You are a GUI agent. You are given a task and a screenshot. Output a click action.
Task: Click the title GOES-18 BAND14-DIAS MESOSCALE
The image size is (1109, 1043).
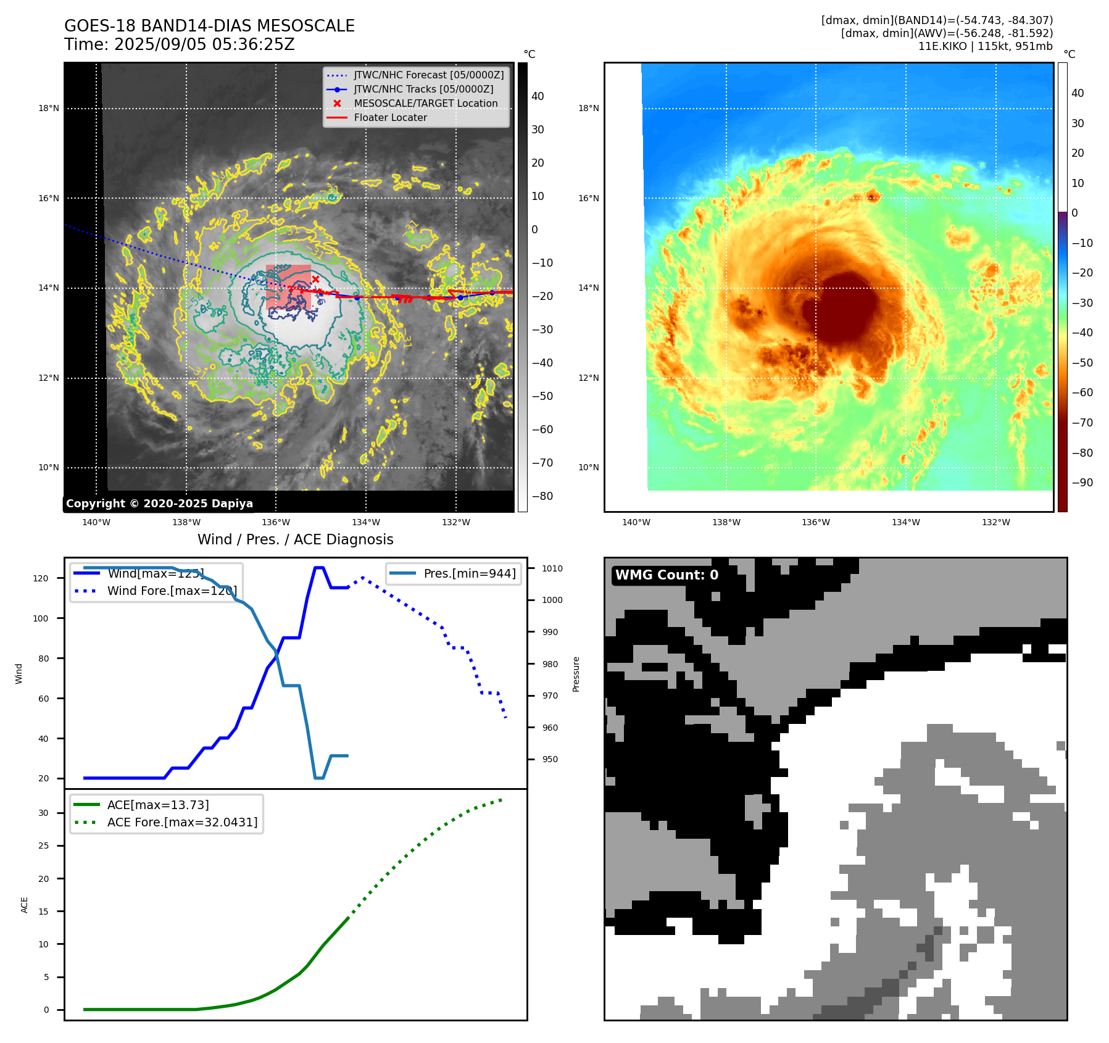tap(209, 26)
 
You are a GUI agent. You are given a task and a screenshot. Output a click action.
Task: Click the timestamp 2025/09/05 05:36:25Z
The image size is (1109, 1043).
tap(204, 45)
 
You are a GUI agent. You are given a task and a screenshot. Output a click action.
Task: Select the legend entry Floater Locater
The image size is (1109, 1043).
tap(390, 117)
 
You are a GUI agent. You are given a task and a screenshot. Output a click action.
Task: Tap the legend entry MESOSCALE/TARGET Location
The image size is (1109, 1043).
tap(425, 103)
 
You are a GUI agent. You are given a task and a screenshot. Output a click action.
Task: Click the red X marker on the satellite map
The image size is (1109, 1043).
tap(315, 280)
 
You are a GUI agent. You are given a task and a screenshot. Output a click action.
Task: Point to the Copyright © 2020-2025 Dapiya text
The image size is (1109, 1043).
tap(159, 504)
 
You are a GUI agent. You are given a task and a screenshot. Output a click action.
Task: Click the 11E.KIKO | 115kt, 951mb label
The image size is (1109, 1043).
tap(985, 46)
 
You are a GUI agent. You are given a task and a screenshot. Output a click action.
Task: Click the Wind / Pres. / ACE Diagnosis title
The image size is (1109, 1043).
tap(295, 539)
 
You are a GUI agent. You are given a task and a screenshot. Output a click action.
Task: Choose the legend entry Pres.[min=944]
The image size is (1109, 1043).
tap(469, 573)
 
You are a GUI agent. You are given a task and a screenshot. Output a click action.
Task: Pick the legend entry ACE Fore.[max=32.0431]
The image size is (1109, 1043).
tap(182, 822)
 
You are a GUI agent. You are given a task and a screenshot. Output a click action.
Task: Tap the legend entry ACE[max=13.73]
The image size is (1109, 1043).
tap(158, 805)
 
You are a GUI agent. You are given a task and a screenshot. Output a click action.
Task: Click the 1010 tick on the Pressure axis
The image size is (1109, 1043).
tap(552, 568)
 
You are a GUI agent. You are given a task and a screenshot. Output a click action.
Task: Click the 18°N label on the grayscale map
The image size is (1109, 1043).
tap(49, 109)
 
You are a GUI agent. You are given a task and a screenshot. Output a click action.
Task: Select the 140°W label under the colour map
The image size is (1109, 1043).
tap(636, 522)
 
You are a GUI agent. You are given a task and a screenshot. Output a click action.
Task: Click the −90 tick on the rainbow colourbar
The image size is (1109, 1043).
tap(1082, 483)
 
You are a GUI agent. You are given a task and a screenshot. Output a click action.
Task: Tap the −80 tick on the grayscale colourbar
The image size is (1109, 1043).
tap(542, 496)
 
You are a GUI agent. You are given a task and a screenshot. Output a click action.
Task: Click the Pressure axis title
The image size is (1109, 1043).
tap(576, 674)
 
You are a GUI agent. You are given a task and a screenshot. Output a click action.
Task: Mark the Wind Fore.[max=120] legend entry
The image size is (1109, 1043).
tap(172, 591)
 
